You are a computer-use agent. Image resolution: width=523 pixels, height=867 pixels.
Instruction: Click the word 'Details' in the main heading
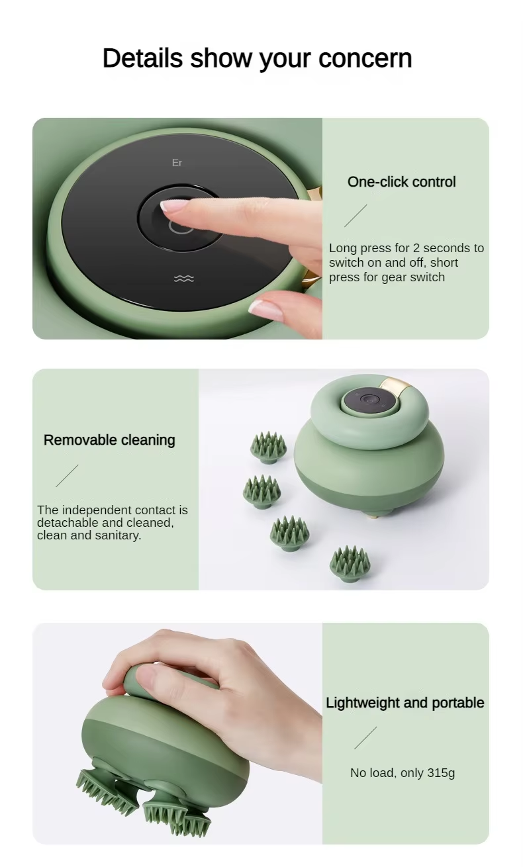click(142, 58)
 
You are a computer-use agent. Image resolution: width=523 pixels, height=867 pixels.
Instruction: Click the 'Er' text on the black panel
click(177, 163)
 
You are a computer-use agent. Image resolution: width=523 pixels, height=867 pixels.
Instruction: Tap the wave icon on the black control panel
click(183, 279)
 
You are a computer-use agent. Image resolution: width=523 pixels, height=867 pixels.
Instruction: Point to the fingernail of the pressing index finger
click(171, 205)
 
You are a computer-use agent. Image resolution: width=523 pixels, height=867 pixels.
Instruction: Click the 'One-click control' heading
click(401, 182)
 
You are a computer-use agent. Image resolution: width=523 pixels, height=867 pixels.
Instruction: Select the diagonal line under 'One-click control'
click(356, 216)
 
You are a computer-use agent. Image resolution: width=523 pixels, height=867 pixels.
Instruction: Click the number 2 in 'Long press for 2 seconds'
click(416, 248)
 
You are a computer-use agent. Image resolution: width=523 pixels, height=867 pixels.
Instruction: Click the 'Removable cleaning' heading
click(109, 440)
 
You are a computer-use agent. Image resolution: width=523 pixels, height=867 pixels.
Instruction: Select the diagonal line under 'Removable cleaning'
click(67, 476)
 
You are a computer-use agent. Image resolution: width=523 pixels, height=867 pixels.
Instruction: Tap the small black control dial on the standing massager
click(368, 400)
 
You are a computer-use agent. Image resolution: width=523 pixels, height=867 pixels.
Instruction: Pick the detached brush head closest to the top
click(269, 447)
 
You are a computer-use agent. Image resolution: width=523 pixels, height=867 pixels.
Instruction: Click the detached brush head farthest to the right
click(350, 564)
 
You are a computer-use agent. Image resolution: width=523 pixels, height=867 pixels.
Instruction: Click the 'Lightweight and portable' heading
click(404, 703)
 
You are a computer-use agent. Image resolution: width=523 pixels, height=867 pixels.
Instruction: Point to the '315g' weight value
click(441, 772)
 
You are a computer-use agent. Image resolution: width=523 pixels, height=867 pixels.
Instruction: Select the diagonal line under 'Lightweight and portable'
click(365, 738)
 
